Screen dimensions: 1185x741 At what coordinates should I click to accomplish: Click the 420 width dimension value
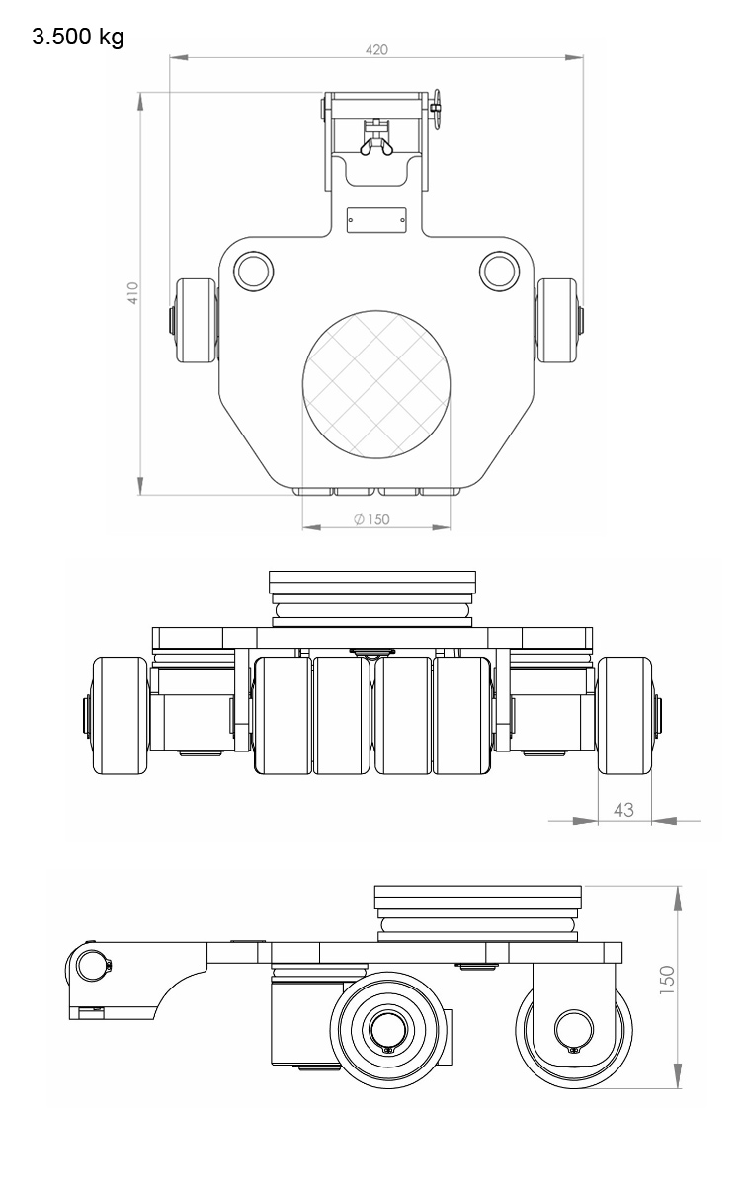click(376, 49)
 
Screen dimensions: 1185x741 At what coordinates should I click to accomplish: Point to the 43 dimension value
click(624, 809)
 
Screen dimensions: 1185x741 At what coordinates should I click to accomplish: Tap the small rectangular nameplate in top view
click(376, 219)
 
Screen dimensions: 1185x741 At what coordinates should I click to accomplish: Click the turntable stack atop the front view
click(374, 597)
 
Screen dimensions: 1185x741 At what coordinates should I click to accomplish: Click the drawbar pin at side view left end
click(91, 964)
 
